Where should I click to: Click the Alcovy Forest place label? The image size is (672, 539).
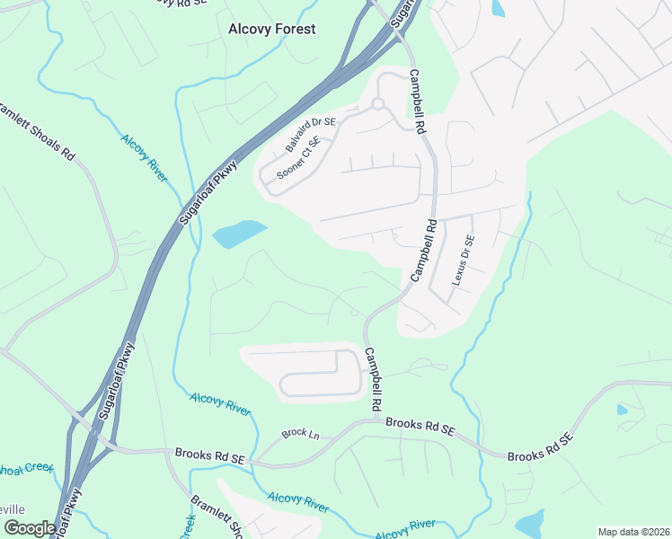click(271, 29)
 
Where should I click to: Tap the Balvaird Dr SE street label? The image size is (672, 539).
click(310, 134)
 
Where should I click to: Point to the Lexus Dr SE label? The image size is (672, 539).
click(464, 260)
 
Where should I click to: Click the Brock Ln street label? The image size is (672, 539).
click(294, 433)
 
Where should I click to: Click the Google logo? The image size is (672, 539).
click(30, 528)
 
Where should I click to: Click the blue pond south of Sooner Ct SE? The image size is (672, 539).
click(239, 234)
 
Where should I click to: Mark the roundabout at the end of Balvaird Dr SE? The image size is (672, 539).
click(378, 104)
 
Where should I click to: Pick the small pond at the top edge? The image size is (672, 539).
click(498, 8)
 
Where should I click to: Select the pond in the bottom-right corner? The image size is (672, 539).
click(530, 523)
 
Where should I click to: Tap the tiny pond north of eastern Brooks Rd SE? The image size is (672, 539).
click(623, 410)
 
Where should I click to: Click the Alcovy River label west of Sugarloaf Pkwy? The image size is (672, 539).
click(144, 157)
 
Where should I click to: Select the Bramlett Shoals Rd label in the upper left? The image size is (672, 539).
click(36, 129)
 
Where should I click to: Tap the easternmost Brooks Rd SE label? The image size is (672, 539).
click(539, 449)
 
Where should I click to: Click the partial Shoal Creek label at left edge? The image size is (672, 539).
click(27, 471)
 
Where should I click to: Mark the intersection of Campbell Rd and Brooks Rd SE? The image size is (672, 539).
click(374, 419)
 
